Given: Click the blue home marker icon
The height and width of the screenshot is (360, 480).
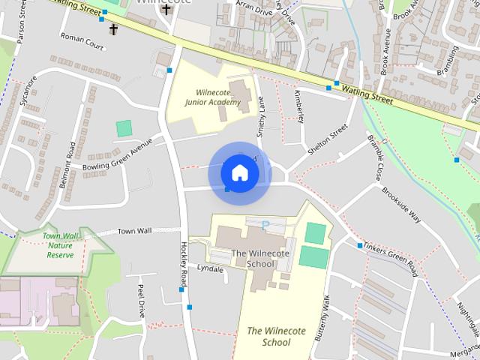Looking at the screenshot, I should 239,173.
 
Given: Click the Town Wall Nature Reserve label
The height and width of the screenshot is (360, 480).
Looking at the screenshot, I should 60,245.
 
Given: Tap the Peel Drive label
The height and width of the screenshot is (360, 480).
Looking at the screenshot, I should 140,300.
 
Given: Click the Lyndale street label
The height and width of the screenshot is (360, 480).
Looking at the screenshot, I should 210,268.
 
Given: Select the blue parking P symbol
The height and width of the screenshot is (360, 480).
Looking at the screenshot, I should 265,223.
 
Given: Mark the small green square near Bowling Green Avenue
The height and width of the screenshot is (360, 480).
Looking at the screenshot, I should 124,128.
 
